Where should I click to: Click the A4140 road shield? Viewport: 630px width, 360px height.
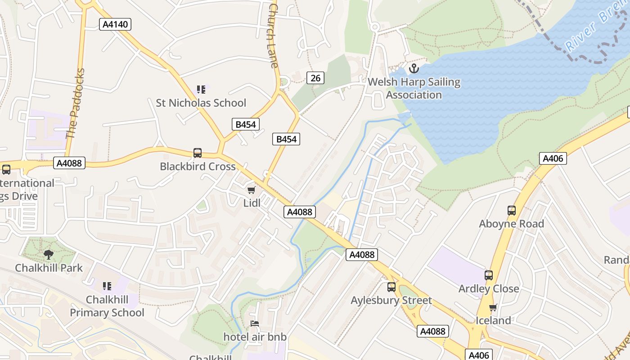115,24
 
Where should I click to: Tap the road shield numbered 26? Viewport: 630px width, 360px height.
315,78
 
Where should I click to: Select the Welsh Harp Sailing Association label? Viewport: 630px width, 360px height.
414,89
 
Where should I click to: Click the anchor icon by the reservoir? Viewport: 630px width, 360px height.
413,69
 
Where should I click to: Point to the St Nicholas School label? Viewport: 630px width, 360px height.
201,103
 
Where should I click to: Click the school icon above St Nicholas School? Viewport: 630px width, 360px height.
201,90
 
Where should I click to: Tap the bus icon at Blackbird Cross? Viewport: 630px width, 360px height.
198,153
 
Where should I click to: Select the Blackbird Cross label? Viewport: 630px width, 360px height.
198,166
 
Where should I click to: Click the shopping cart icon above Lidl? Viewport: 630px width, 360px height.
252,190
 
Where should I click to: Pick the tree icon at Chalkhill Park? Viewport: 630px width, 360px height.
49,255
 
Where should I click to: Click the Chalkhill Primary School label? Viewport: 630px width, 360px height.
107,306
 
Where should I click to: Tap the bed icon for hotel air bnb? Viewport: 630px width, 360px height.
255,324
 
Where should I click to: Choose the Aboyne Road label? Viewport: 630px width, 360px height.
511,224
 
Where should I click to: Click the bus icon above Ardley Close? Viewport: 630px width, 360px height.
489,275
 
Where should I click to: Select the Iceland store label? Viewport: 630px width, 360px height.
493,320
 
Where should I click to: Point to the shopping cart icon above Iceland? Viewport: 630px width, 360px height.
493,308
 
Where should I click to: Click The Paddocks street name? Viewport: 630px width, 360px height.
75,103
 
